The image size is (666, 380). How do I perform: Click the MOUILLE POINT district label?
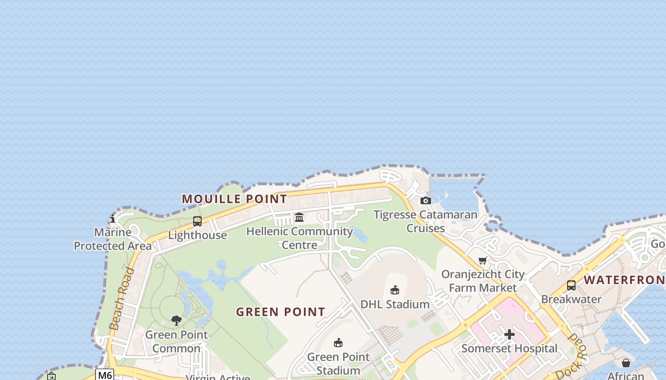point(235,199)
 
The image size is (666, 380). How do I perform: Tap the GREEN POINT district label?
point(281,312)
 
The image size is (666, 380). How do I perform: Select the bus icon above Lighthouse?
point(197,221)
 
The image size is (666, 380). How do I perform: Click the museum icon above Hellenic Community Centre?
point(299,218)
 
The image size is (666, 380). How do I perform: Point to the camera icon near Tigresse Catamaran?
point(426,200)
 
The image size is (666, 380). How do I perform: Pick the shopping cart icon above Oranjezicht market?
point(483,260)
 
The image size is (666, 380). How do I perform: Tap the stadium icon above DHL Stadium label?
point(395,290)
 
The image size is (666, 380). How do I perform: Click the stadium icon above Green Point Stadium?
point(338,342)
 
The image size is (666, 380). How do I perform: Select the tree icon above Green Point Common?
point(176,321)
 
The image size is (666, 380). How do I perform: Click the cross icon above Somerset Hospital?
point(509,334)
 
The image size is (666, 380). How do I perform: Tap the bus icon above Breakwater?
point(571,285)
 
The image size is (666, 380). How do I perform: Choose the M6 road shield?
point(105,375)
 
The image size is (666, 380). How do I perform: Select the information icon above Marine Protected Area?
point(113,219)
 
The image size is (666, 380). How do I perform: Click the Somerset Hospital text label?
point(509,348)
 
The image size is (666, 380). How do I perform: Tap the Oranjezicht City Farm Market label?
point(483,281)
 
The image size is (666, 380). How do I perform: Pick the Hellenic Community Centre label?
point(300,238)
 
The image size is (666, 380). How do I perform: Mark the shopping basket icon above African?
point(626,363)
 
